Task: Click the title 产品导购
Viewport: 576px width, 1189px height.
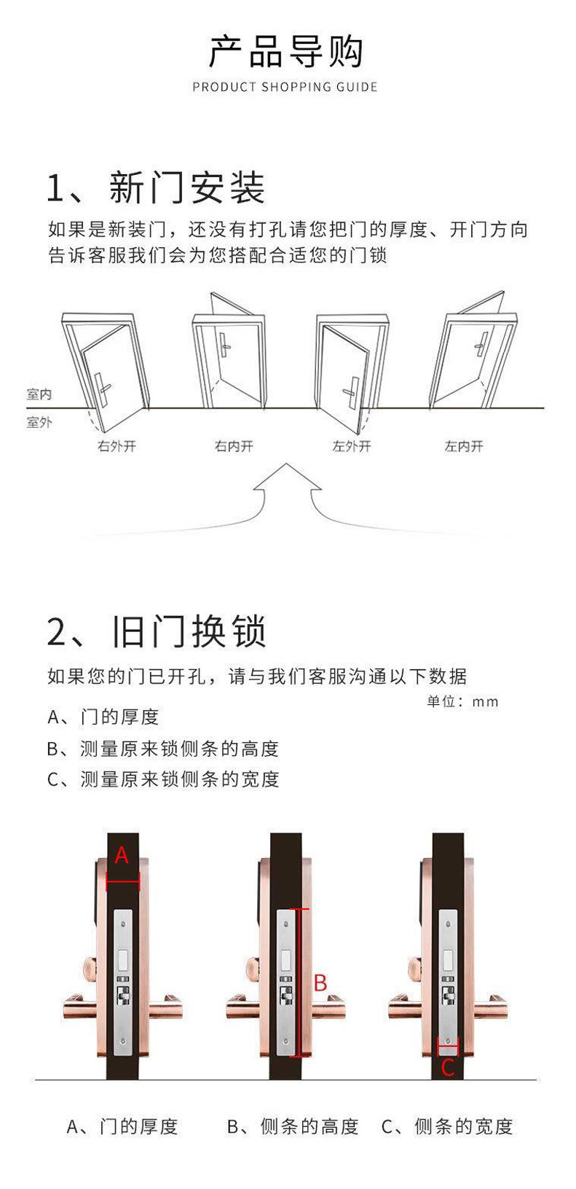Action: tap(285, 51)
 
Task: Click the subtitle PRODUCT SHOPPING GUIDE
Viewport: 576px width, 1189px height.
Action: tap(285, 87)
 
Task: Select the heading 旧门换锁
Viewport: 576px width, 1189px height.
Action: tap(189, 631)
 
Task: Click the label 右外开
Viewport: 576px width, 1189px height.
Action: tap(117, 446)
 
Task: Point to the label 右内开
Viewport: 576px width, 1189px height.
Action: tap(234, 446)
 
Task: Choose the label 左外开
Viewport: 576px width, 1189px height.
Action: tap(352, 446)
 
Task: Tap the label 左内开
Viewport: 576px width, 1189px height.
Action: tap(464, 446)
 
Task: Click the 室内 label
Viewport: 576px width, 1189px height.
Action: tap(39, 394)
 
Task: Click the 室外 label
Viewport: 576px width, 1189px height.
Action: tap(39, 422)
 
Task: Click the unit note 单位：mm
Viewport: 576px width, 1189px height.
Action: tap(462, 701)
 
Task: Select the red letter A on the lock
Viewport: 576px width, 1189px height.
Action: tap(122, 855)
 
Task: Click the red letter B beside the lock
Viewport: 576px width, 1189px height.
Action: tap(320, 983)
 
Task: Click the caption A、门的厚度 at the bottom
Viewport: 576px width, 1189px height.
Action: tap(122, 1126)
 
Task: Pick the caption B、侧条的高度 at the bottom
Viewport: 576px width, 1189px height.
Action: tap(293, 1126)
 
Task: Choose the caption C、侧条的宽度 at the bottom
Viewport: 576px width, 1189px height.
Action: tap(447, 1126)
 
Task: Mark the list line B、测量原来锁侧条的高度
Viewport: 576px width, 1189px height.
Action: tap(163, 749)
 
